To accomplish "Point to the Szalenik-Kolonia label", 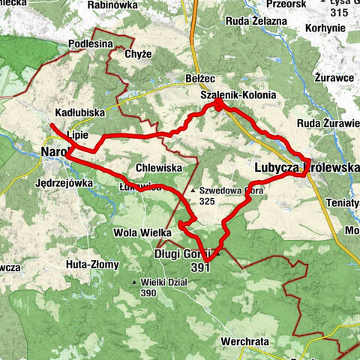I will pyautogui.click(x=238, y=95).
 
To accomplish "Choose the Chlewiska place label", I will pyautogui.click(x=158, y=169).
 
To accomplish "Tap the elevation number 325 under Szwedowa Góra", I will pyautogui.click(x=209, y=201).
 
